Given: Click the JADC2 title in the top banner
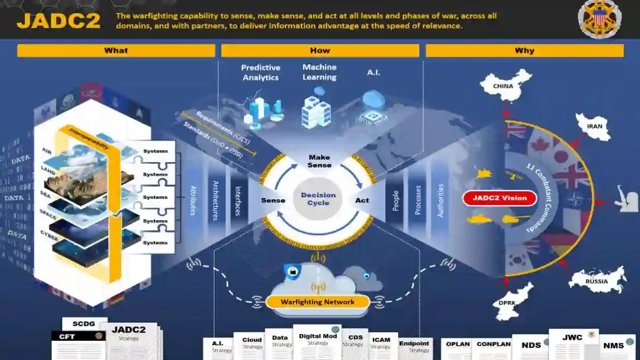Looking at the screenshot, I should [59, 21].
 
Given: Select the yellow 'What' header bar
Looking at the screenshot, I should [116, 50].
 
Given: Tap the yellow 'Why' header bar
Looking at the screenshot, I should [524, 50].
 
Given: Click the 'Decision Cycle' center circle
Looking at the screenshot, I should [318, 199].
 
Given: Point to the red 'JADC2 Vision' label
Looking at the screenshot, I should [500, 198].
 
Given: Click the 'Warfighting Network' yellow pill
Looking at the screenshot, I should [318, 302].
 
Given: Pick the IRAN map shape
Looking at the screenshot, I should [594, 126].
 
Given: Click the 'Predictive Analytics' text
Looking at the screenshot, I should [261, 72].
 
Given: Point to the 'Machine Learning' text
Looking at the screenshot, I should [319, 72].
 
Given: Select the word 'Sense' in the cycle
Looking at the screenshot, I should [273, 200].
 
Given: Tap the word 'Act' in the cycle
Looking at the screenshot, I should [362, 200].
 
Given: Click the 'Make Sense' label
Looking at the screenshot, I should [319, 161].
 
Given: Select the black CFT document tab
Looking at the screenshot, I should [78, 336].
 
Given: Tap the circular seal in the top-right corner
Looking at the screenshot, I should [600, 19].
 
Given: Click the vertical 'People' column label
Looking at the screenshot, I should [396, 200].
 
